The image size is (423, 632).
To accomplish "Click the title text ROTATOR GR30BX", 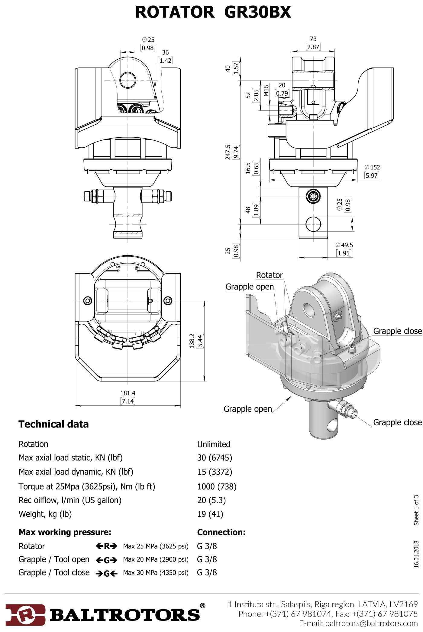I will click(x=213, y=12).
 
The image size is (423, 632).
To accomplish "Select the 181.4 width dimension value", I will click(x=128, y=393).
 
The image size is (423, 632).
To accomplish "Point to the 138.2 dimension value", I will click(x=192, y=341).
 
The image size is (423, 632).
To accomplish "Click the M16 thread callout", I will click(x=266, y=90).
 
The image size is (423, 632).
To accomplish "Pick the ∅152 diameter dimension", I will click(x=372, y=167).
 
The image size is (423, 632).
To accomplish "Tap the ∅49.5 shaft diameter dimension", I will click(x=344, y=245).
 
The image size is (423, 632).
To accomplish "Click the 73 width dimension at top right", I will click(x=313, y=39).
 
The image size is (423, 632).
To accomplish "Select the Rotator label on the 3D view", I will click(x=269, y=275).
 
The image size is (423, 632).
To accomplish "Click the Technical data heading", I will click(x=53, y=424).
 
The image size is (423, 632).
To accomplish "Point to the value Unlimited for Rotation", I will click(x=214, y=444).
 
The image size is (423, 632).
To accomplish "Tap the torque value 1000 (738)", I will click(x=217, y=486).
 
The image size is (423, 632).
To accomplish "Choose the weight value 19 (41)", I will click(x=210, y=514).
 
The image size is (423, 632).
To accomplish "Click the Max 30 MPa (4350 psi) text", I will click(x=156, y=572).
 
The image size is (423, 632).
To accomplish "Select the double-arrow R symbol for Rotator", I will click(x=106, y=546).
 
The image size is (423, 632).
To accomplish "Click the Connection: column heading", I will click(x=221, y=532).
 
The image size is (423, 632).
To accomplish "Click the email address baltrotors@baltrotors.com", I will click(x=358, y=623).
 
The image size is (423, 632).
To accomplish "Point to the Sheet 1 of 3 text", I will click(x=416, y=510).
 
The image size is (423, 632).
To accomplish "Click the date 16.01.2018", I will click(x=416, y=555).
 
